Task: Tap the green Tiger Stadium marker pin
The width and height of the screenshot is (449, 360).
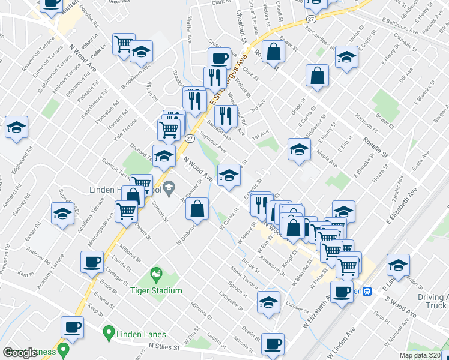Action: click(x=157, y=275)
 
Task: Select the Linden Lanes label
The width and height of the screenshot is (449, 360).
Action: click(x=141, y=334)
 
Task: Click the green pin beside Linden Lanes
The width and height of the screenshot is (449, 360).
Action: click(x=109, y=331)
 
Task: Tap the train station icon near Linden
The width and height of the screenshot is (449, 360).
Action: click(x=368, y=291)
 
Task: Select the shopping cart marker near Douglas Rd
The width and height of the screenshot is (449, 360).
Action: click(x=124, y=44)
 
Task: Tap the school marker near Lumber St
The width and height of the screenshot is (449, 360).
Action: click(x=268, y=302)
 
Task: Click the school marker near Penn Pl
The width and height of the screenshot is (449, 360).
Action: click(x=398, y=265)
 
